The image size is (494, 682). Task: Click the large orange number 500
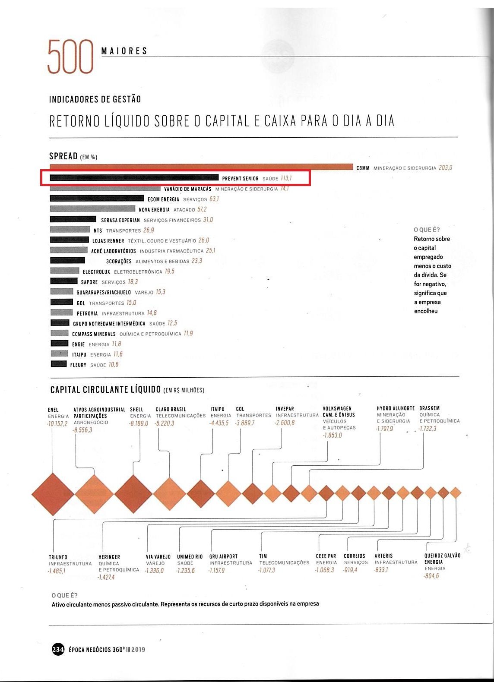(x=70, y=57)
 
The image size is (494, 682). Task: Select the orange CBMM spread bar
(x=201, y=167)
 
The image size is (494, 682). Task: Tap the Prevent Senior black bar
(x=134, y=177)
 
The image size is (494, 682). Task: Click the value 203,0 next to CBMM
(x=445, y=168)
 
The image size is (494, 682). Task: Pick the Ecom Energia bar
(x=97, y=199)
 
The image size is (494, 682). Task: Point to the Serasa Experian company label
(x=120, y=220)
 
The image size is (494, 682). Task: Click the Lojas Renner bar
(x=70, y=240)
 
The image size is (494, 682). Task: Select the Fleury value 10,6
(x=114, y=364)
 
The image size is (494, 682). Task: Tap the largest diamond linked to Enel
(x=53, y=494)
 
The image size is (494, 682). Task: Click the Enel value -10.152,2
(x=57, y=423)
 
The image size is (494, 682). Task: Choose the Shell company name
(x=136, y=410)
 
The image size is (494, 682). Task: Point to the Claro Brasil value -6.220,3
(x=165, y=423)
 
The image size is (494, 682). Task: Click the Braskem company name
(x=429, y=408)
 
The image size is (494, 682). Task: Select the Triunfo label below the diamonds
(x=58, y=557)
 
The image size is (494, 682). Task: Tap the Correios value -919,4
(x=350, y=570)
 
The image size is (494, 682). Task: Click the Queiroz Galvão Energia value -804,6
(x=431, y=576)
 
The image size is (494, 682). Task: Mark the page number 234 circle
(x=58, y=650)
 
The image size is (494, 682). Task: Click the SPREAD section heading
(x=63, y=156)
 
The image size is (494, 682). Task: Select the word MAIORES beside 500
(x=124, y=51)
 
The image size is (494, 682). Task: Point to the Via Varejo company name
(x=158, y=557)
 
